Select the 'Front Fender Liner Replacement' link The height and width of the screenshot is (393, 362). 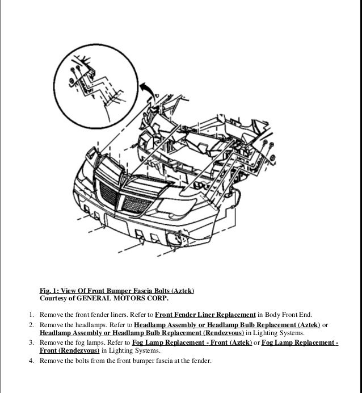[x=205, y=314]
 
